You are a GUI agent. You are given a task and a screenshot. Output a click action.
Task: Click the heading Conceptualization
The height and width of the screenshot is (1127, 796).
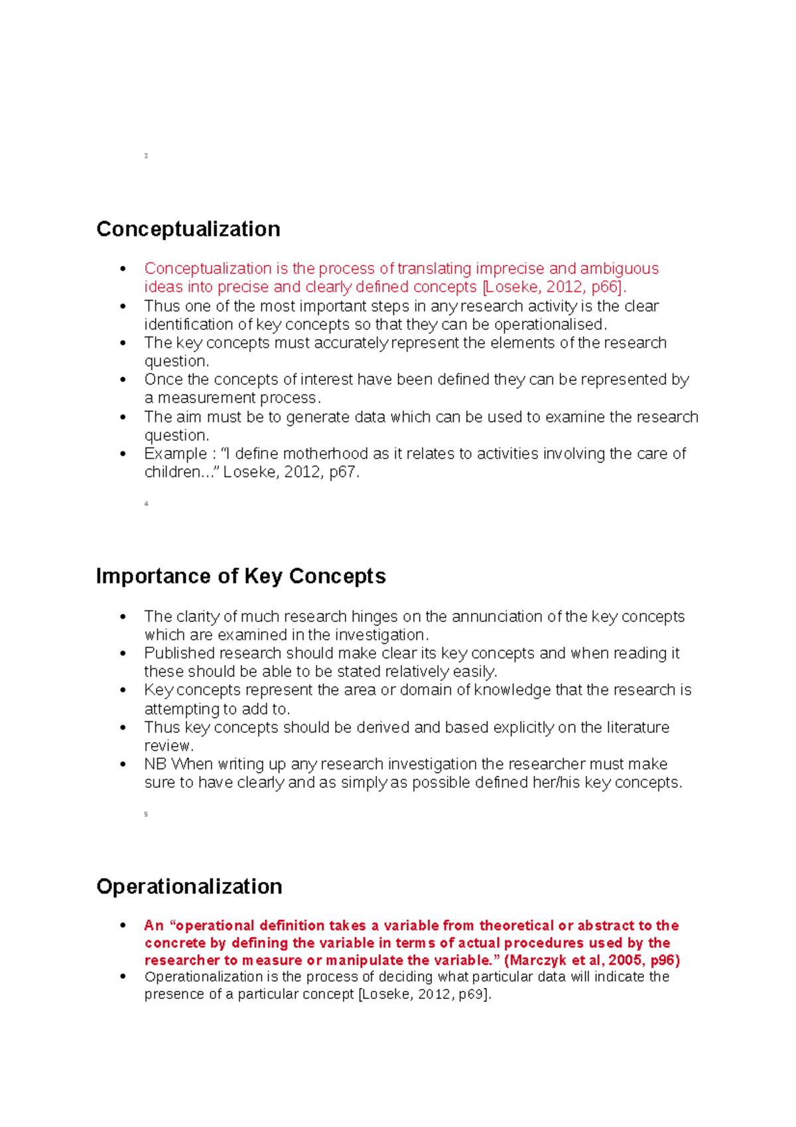(x=188, y=229)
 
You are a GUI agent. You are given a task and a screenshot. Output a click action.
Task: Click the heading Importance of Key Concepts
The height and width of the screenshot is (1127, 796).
(x=241, y=576)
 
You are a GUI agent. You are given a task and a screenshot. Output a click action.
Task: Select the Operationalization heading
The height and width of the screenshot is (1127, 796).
(x=189, y=887)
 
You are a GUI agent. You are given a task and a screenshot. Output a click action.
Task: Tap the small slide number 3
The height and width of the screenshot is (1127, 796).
(x=146, y=156)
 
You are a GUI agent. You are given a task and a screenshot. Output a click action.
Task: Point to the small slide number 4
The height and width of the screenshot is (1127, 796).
(x=146, y=504)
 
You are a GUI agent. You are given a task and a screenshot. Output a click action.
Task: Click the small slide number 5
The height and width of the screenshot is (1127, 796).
(x=146, y=814)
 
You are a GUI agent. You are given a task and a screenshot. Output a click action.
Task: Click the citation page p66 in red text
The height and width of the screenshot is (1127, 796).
(x=604, y=287)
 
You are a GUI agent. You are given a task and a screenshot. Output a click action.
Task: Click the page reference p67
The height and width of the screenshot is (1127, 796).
(x=343, y=473)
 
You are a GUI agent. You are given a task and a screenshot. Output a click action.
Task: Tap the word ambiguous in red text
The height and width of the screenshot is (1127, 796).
(x=619, y=269)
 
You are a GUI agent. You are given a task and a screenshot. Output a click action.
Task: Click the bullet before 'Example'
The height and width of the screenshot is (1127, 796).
(x=123, y=454)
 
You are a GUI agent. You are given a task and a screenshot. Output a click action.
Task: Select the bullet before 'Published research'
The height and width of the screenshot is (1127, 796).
(x=123, y=654)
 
